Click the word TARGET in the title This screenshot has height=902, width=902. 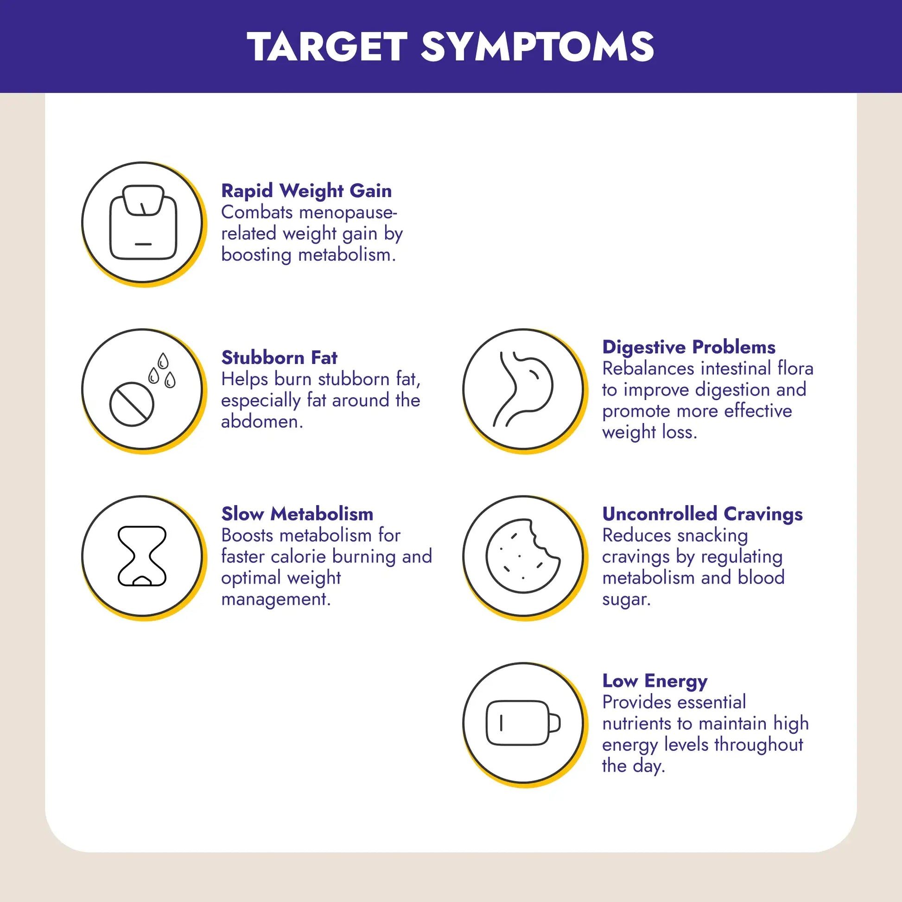(x=328, y=47)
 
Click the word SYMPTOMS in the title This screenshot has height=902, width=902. (x=537, y=47)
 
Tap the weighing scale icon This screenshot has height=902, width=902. (x=143, y=222)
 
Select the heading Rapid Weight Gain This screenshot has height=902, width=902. (x=306, y=191)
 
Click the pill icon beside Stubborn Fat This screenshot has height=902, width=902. (x=132, y=404)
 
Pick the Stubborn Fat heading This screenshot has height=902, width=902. (x=279, y=358)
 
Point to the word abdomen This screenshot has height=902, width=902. (x=262, y=422)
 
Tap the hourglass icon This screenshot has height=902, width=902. (x=142, y=556)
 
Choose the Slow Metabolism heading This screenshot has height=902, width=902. (x=298, y=514)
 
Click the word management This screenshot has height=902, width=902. (x=276, y=599)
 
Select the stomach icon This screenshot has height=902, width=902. (x=523, y=389)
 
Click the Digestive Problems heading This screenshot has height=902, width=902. (x=689, y=347)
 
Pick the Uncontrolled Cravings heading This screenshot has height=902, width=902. (x=702, y=514)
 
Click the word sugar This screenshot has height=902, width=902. (x=626, y=599)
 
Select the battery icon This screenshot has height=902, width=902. (x=523, y=723)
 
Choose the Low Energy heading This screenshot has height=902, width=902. (x=654, y=681)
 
